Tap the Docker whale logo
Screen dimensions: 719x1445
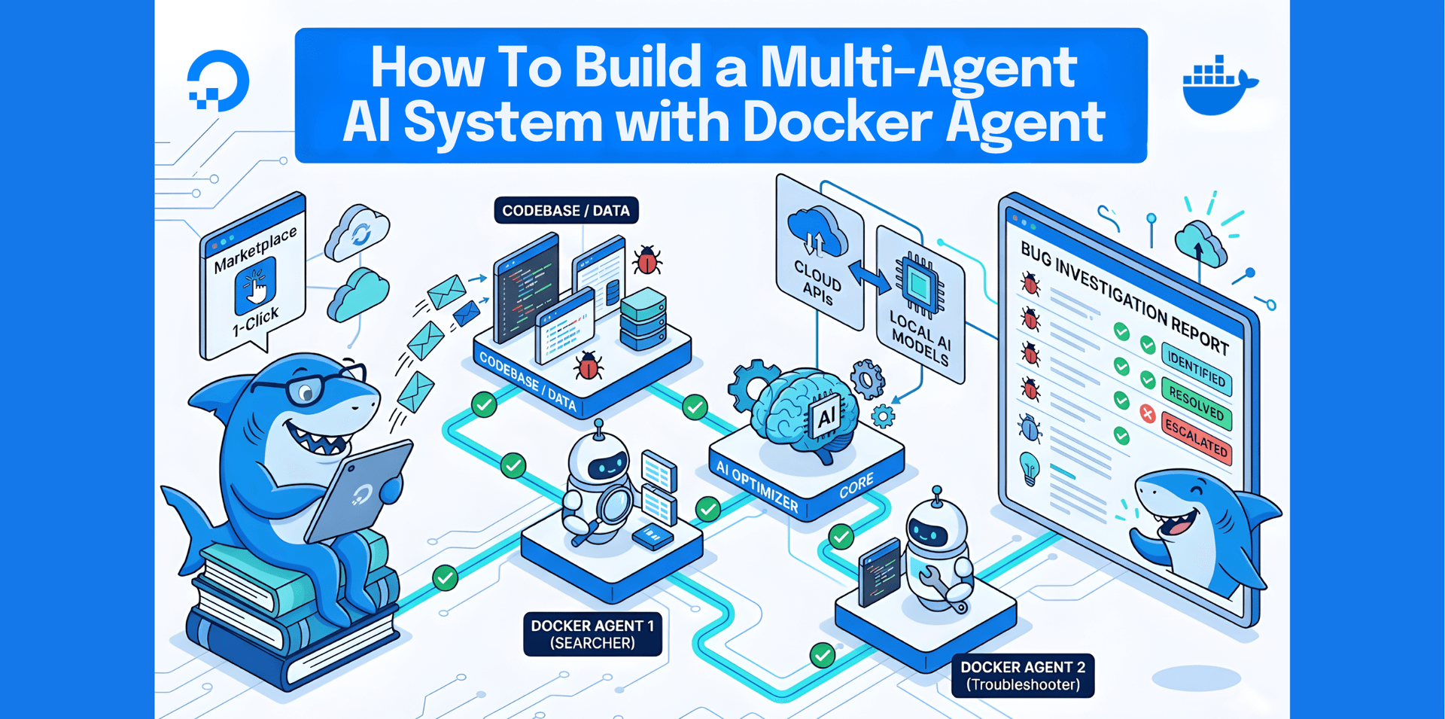(1217, 87)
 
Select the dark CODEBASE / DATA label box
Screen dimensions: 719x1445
(566, 211)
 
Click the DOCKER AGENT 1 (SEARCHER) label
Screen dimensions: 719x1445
(592, 634)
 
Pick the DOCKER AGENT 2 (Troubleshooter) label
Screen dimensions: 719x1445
(1022, 675)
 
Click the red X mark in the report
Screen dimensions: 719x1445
(1147, 413)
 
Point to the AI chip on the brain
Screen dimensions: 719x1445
(826, 416)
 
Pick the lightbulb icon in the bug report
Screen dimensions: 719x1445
(1029, 468)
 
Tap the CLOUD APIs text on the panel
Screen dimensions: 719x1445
(817, 287)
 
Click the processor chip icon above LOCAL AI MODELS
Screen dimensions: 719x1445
(919, 285)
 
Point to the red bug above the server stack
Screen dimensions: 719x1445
(647, 260)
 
